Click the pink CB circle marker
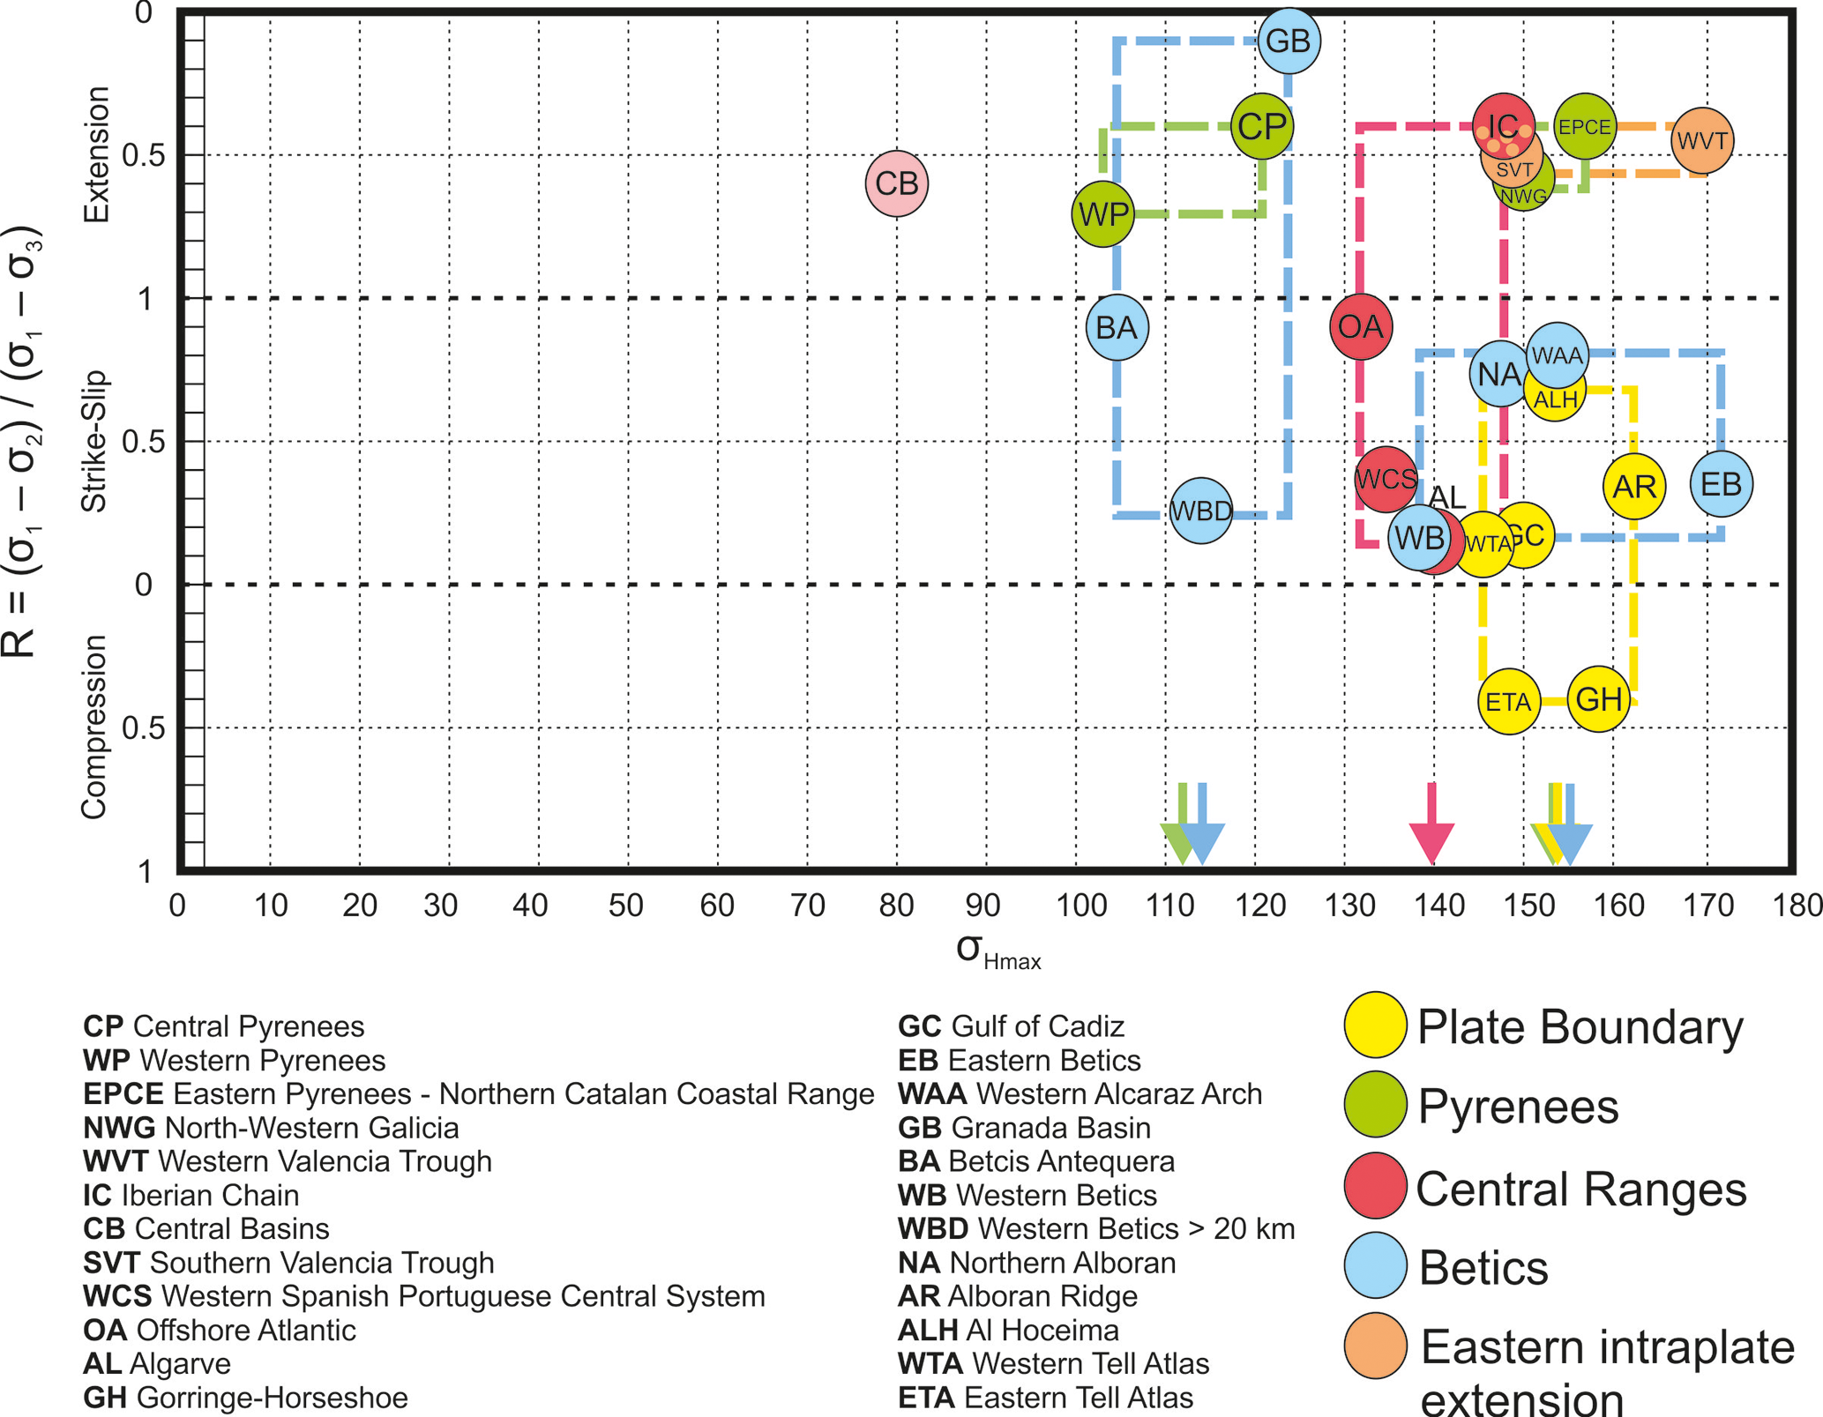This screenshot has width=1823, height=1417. coord(896,183)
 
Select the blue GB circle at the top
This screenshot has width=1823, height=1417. coord(1289,41)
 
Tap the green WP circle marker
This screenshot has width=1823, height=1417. coord(1102,213)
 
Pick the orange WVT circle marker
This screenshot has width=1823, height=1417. coord(1701,141)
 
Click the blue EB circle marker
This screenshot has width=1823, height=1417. coord(1721,484)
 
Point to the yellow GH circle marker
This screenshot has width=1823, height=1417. coord(1598,699)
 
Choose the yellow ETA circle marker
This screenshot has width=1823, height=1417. coord(1508,702)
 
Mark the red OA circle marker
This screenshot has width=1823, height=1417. coord(1360,327)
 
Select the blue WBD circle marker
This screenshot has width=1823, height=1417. coord(1200,511)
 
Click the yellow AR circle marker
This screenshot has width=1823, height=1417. coord(1633,486)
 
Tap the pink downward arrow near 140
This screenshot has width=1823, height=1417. coord(1431,824)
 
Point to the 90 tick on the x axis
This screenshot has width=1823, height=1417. coord(982,906)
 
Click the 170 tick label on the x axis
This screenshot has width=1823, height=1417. coord(1707,906)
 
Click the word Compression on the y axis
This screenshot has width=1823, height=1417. coord(94,727)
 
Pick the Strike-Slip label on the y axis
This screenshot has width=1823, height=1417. coord(94,441)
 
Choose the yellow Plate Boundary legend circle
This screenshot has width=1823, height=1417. coord(1375,1025)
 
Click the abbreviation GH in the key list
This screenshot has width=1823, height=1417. coord(105,1398)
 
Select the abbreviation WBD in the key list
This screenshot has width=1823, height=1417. coord(932,1228)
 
